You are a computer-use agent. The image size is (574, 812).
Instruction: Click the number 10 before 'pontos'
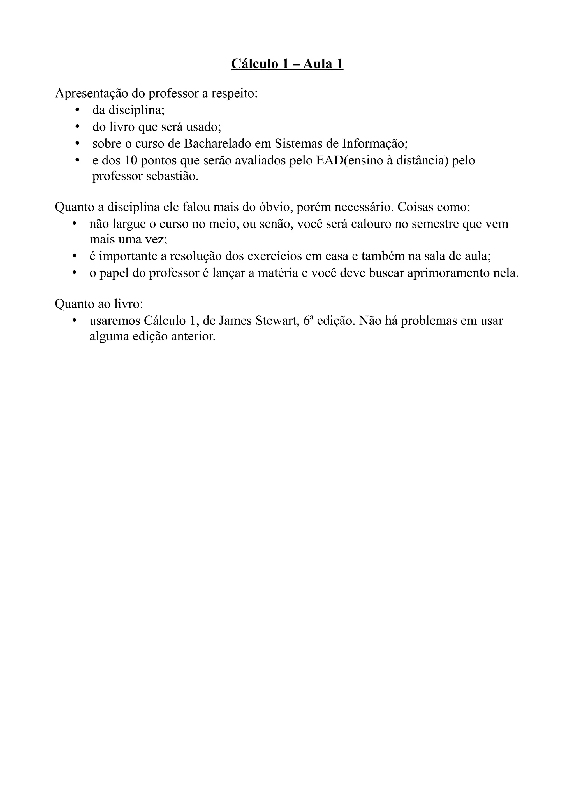tap(131, 161)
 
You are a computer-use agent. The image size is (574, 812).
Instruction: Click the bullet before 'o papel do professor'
tap(74, 273)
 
